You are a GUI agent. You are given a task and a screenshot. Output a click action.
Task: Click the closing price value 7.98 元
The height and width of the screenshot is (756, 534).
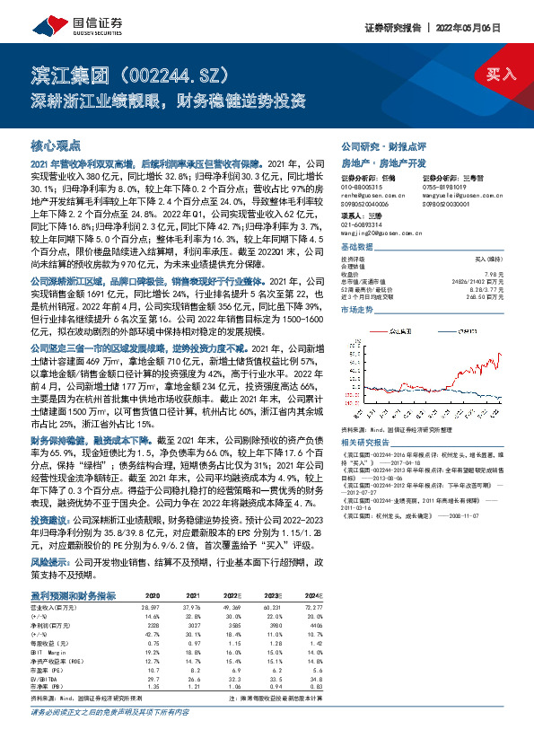[493, 273]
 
